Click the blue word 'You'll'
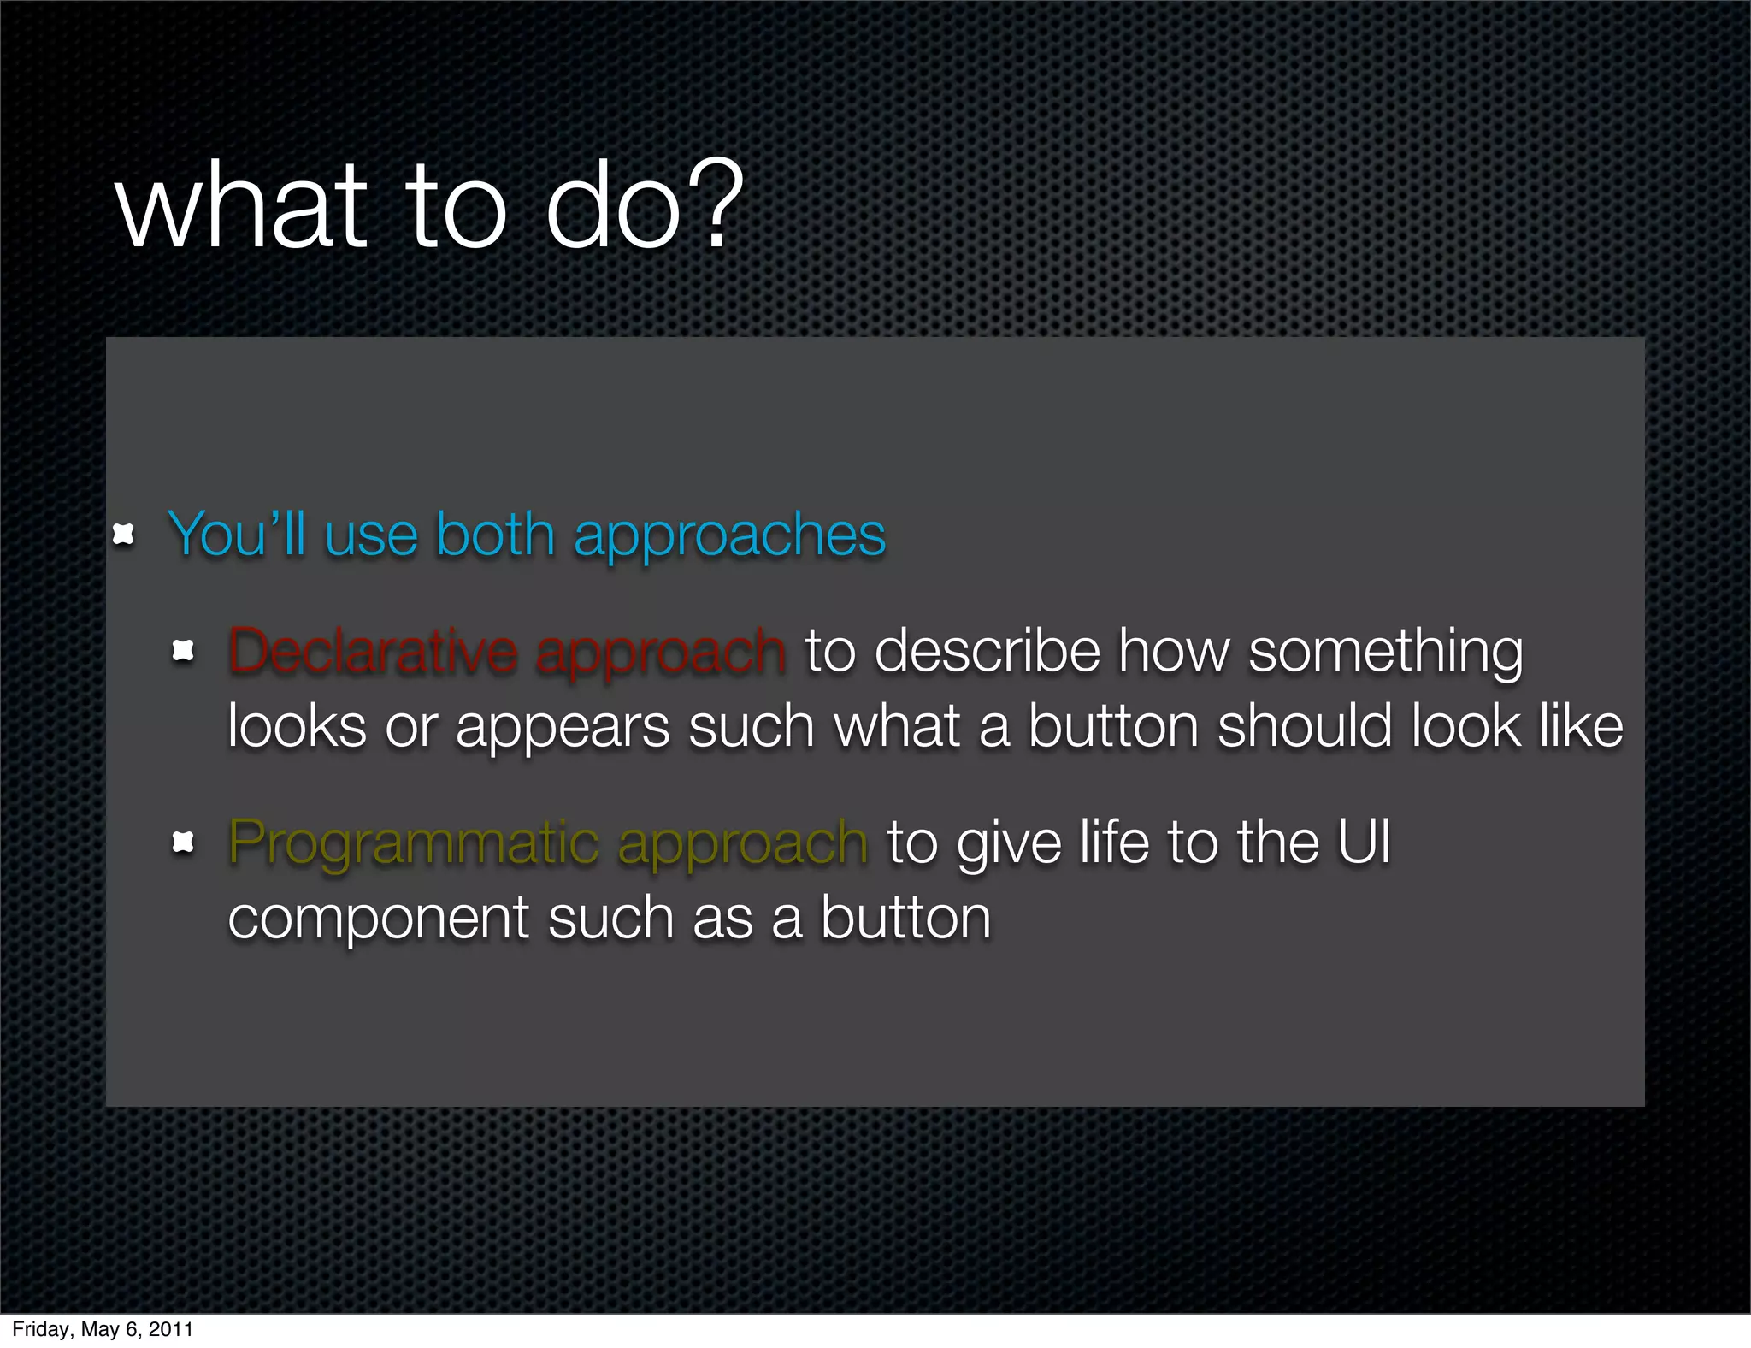pos(236,535)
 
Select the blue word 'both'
pos(495,535)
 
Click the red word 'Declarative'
pos(373,652)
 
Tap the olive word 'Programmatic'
pos(414,843)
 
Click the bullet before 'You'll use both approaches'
pos(124,535)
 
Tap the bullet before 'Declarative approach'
pos(183,652)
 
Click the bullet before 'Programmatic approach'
pos(183,843)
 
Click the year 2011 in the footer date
pos(171,1329)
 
